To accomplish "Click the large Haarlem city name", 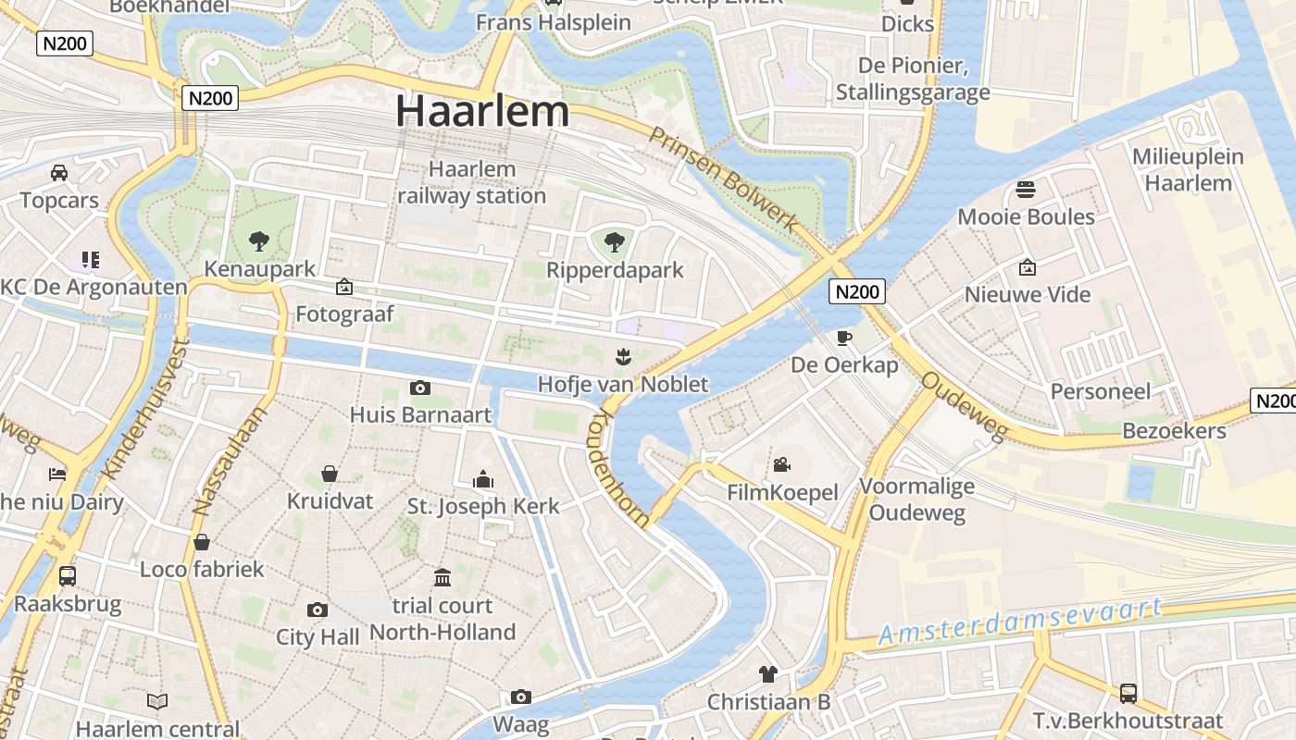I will [x=481, y=111].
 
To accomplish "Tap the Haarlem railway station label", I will [x=472, y=182].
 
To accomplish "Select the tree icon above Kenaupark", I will [x=259, y=242].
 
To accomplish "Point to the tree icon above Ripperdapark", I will [x=613, y=243].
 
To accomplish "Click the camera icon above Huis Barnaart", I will [x=420, y=388].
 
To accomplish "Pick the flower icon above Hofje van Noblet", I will [x=622, y=356].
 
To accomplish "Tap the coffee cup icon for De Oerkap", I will [x=843, y=338].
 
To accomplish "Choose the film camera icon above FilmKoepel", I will [x=782, y=464].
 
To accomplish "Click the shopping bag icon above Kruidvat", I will [x=330, y=474].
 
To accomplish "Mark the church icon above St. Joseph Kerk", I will [x=483, y=479].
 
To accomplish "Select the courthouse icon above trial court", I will [x=442, y=578].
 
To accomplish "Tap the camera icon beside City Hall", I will [x=318, y=610].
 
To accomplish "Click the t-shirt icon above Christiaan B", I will [x=767, y=673].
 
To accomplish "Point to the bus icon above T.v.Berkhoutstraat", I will [x=1128, y=693].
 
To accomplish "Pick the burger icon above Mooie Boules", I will [x=1026, y=190].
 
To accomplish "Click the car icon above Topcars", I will [x=59, y=173].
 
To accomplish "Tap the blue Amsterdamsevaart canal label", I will [x=1018, y=622].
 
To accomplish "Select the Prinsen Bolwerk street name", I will [x=723, y=179].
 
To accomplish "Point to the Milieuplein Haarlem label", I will [x=1189, y=169].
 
